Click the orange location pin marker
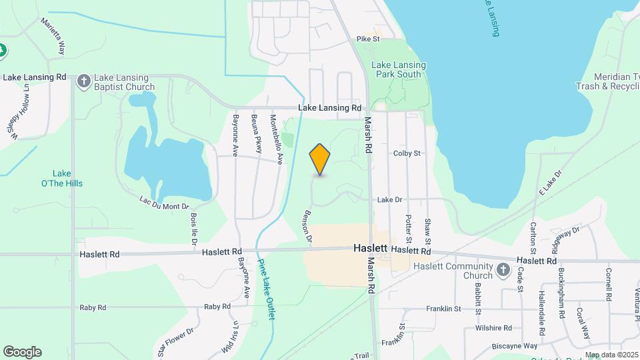pos(320,159)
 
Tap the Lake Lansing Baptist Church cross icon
pos(84,81)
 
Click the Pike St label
pos(367,39)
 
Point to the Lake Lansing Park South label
pos(398,69)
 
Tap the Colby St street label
pos(407,153)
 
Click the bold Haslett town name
pos(370,247)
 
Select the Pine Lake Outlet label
pos(267,289)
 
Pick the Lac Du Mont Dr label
pos(165,203)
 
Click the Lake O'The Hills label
pos(67,178)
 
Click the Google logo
pos(22,352)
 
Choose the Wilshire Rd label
pos(493,328)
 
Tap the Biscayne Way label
pos(515,346)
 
